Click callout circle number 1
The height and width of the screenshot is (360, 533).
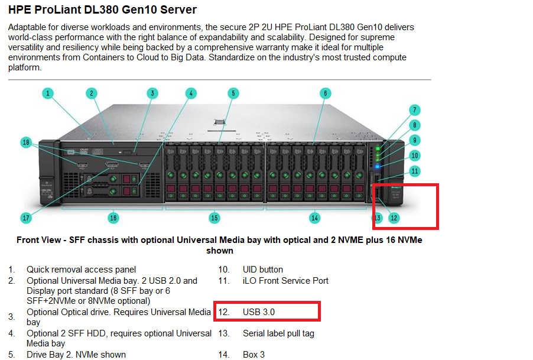click(x=48, y=93)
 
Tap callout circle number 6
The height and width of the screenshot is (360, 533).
click(x=326, y=93)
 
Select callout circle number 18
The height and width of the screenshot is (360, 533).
click(x=26, y=142)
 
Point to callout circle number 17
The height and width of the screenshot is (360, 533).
click(x=26, y=218)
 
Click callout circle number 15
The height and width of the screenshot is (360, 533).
click(x=214, y=218)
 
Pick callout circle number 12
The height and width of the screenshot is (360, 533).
click(x=394, y=218)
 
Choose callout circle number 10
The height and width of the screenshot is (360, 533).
click(x=415, y=155)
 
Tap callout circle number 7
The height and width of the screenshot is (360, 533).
click(x=415, y=110)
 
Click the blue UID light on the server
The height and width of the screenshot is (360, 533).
click(x=378, y=167)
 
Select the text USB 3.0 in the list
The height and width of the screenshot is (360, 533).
click(x=259, y=312)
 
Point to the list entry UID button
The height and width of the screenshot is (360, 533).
click(x=263, y=270)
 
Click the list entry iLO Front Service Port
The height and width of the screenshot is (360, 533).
click(x=285, y=281)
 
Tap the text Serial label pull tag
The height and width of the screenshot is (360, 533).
click(x=278, y=333)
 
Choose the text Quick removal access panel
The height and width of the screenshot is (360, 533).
click(x=81, y=270)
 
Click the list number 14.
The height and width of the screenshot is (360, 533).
click(x=224, y=355)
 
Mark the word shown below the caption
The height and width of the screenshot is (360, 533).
click(x=220, y=251)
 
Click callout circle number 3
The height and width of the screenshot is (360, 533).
click(x=152, y=93)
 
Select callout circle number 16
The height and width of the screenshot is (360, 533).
click(x=113, y=218)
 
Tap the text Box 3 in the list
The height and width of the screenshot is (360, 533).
click(x=253, y=355)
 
